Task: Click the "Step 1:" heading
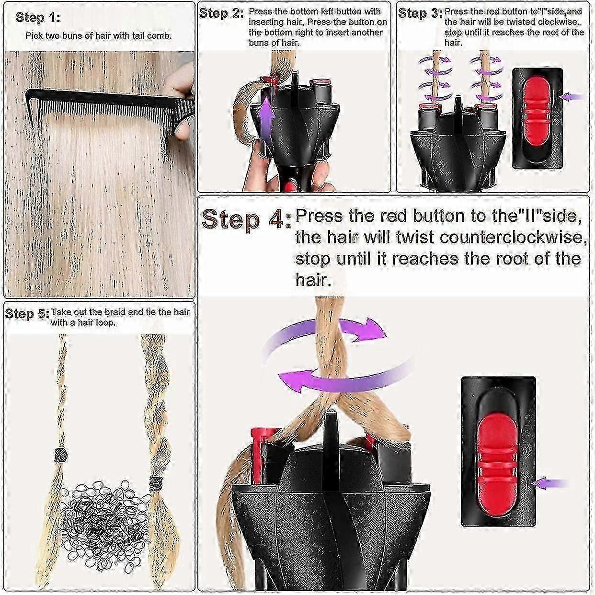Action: click(x=38, y=18)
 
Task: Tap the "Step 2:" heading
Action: click(x=221, y=14)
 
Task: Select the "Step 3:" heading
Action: click(x=420, y=14)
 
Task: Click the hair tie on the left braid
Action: click(x=60, y=455)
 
